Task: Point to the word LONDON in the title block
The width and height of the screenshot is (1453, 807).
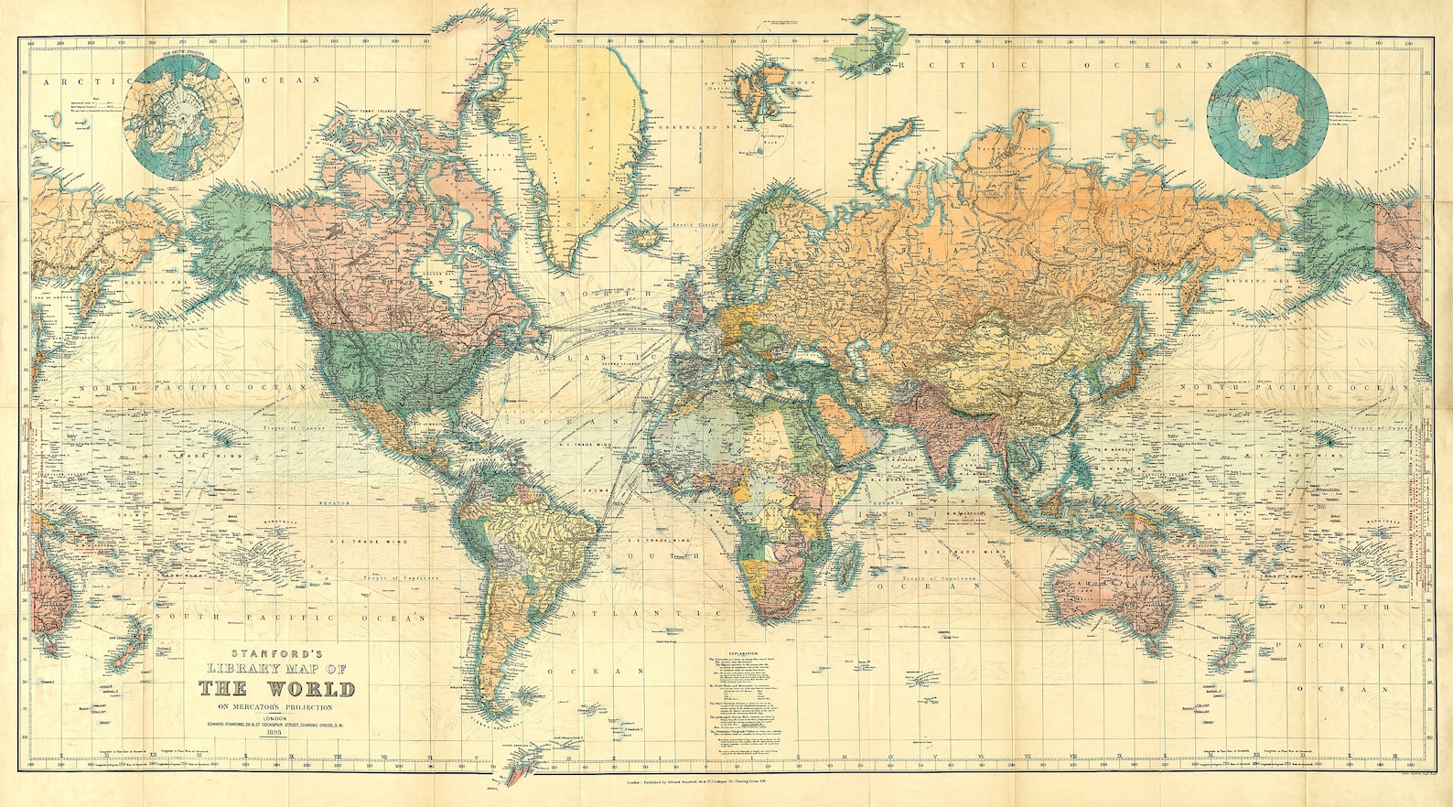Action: (x=275, y=718)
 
